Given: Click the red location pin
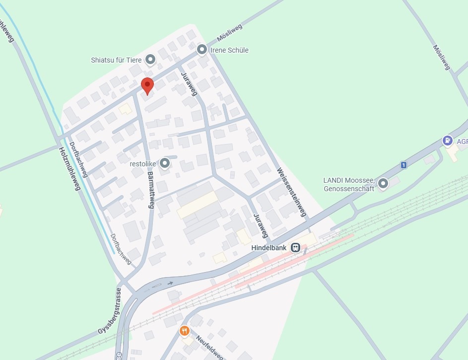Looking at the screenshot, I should tap(147, 85).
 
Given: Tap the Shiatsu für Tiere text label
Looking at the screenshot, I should tap(116, 60).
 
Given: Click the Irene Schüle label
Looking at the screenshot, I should tap(230, 50).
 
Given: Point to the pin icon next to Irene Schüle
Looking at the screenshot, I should tap(202, 50).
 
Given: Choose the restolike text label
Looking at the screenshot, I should tap(143, 163).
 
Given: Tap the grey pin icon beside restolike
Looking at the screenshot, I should tap(165, 162).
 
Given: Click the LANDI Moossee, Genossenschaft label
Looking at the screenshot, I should tap(348, 184).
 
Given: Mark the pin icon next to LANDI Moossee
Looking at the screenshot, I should tap(383, 185).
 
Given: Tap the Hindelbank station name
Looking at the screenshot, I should tap(270, 247).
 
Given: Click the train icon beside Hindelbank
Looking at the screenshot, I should tap(295, 247).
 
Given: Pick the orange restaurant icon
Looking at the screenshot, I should tap(185, 330).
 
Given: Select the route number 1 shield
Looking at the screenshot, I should tap(404, 165).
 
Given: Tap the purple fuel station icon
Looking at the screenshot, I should tap(448, 141).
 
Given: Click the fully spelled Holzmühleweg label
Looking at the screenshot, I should tap(69, 169).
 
